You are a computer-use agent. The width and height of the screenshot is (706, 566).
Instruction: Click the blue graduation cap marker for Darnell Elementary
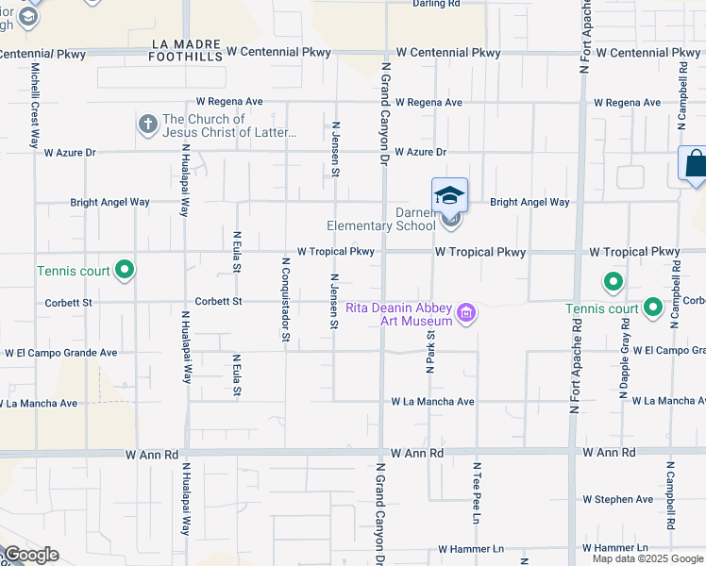(x=449, y=195)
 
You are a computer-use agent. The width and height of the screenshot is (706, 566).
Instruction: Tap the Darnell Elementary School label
(x=381, y=220)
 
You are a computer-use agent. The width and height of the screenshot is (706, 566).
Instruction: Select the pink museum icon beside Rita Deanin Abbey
(x=464, y=312)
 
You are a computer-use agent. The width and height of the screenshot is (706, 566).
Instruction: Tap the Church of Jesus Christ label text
(x=229, y=125)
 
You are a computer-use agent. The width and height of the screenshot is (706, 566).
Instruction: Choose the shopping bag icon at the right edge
(x=696, y=163)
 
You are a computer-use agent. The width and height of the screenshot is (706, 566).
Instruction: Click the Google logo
(x=30, y=555)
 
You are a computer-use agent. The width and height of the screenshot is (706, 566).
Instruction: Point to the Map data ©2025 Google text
(x=647, y=558)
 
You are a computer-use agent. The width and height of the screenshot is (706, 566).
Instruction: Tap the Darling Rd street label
(x=436, y=5)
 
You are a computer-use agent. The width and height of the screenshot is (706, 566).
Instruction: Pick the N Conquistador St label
(x=284, y=299)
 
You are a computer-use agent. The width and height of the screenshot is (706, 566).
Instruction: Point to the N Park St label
(x=429, y=347)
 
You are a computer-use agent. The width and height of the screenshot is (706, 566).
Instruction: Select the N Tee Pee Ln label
(x=478, y=492)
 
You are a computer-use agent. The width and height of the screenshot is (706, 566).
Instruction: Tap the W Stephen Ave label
(x=617, y=499)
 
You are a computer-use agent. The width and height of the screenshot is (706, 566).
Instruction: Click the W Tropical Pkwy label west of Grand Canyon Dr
(x=336, y=252)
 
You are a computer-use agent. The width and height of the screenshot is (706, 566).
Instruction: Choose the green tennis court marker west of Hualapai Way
(x=125, y=272)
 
